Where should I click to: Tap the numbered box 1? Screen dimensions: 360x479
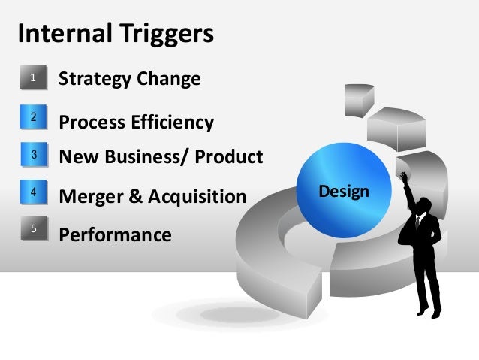(33, 77)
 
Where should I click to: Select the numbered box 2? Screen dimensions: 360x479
(33, 117)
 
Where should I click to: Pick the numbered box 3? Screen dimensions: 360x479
(33, 155)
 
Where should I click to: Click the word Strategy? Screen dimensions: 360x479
(96, 78)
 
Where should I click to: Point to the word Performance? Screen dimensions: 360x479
(115, 235)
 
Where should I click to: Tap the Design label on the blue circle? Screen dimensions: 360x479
(344, 191)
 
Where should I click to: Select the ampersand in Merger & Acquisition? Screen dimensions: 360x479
(136, 197)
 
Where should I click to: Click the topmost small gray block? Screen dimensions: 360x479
(360, 97)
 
